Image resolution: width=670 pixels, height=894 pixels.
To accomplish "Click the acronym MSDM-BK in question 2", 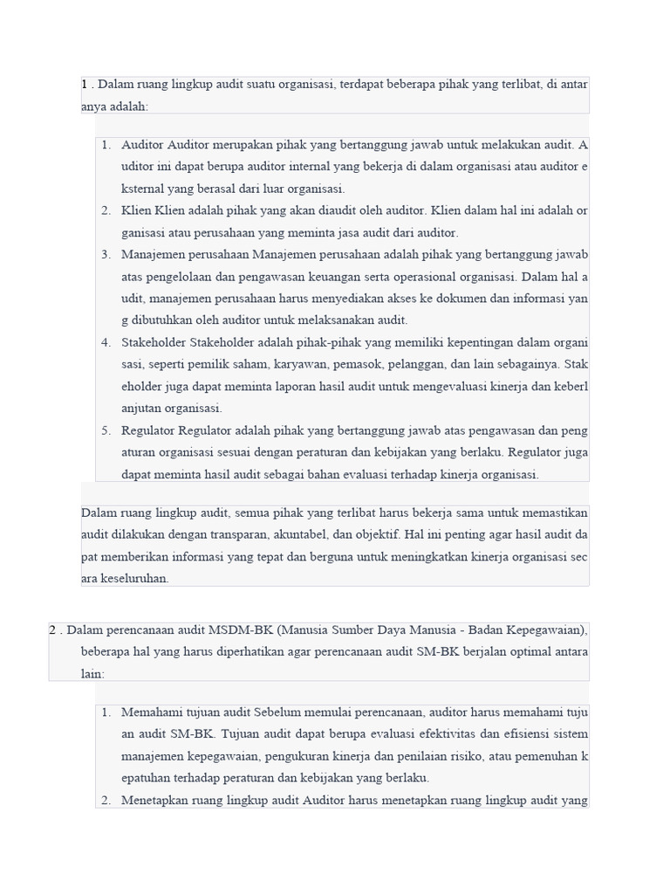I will pyautogui.click(x=229, y=629).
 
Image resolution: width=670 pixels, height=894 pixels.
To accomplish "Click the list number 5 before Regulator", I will pyautogui.click(x=106, y=430).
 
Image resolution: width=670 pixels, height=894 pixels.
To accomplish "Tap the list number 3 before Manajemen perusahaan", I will pyautogui.click(x=106, y=254).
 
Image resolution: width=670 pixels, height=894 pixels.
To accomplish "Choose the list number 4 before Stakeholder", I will pyautogui.click(x=106, y=342).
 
